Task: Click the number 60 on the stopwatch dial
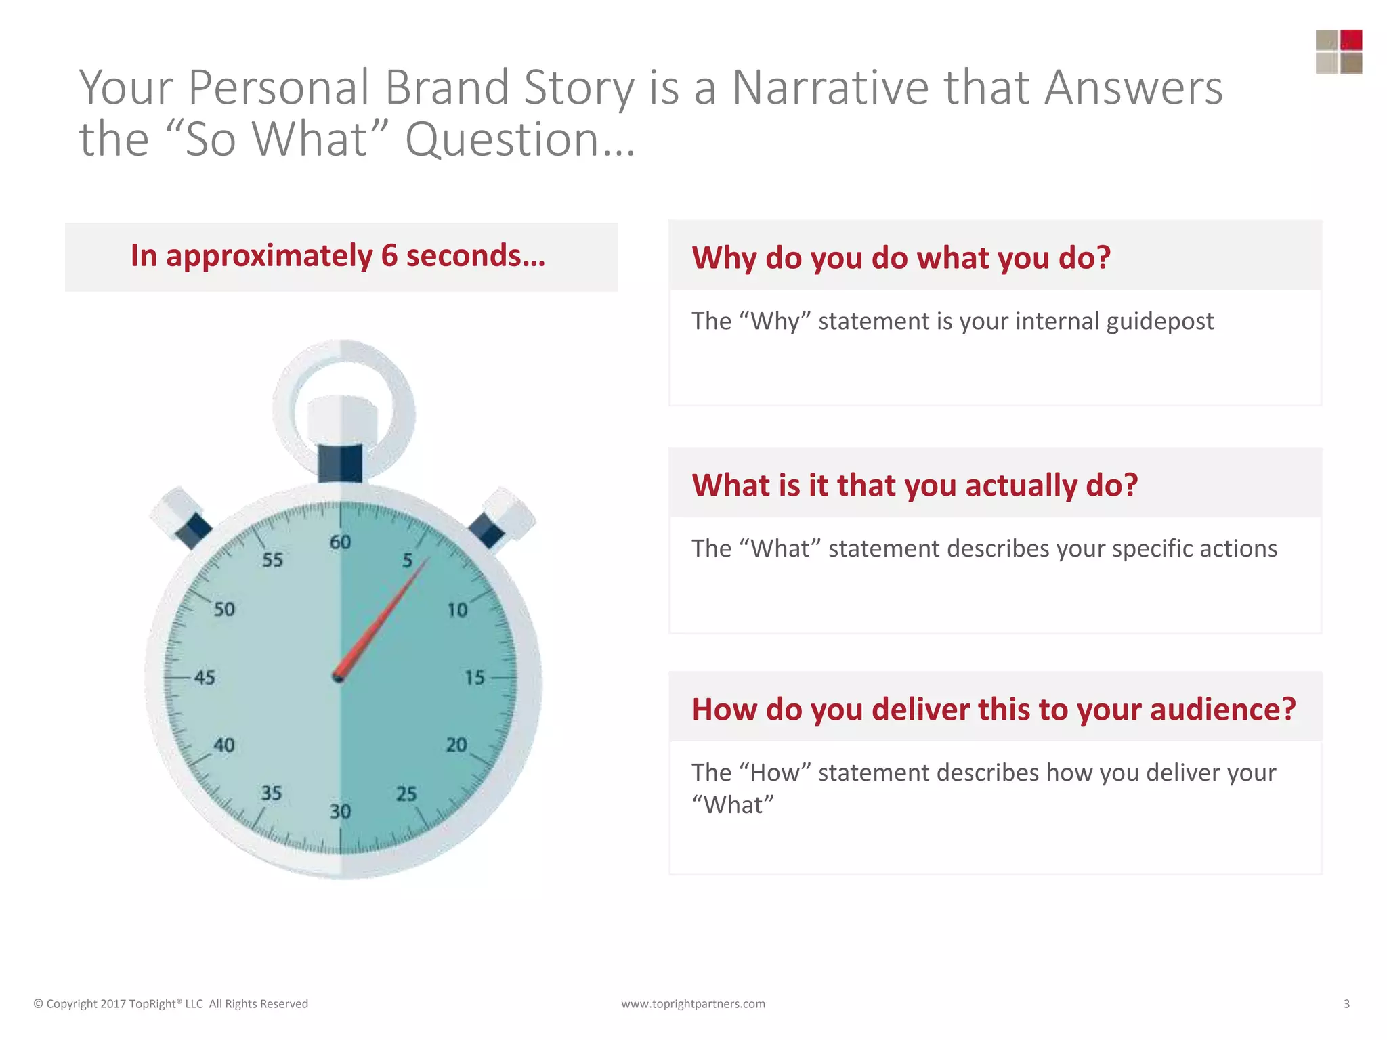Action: (340, 542)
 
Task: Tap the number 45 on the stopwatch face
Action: (205, 677)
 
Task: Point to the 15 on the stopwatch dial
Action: (474, 677)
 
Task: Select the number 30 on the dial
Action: (340, 811)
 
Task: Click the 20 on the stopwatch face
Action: (456, 745)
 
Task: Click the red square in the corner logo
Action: (1350, 40)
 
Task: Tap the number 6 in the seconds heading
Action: (389, 256)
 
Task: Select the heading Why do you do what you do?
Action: (901, 258)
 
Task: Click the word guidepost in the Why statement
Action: (1159, 321)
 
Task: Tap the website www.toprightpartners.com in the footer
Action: (693, 1003)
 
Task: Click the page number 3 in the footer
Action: (1346, 1003)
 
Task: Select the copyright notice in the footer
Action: (171, 1003)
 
